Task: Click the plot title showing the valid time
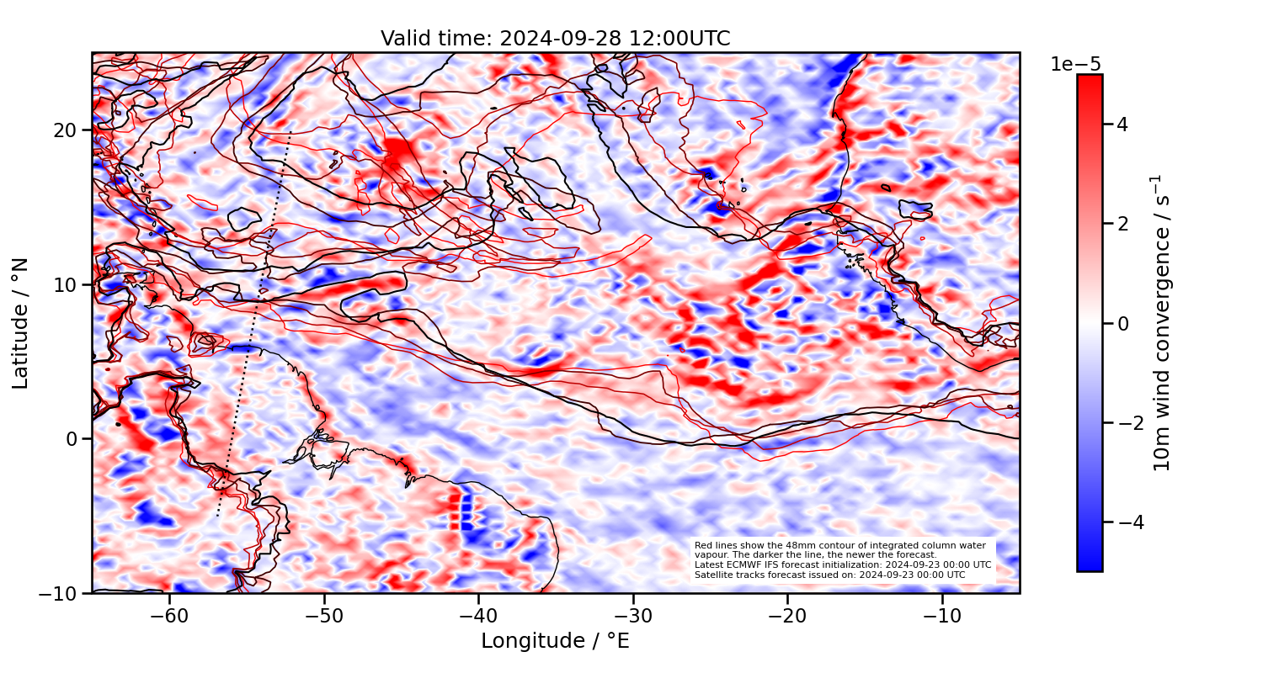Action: (x=555, y=39)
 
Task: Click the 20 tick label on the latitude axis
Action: (x=67, y=130)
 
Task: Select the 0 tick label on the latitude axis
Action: (x=73, y=438)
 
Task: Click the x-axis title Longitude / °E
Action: (x=555, y=641)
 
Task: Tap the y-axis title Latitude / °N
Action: (x=21, y=323)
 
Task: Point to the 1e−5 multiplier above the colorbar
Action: (x=1076, y=65)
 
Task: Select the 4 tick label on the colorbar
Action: (x=1122, y=125)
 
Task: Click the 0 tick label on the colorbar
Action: (x=1122, y=324)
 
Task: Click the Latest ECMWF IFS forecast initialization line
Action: (x=842, y=564)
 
